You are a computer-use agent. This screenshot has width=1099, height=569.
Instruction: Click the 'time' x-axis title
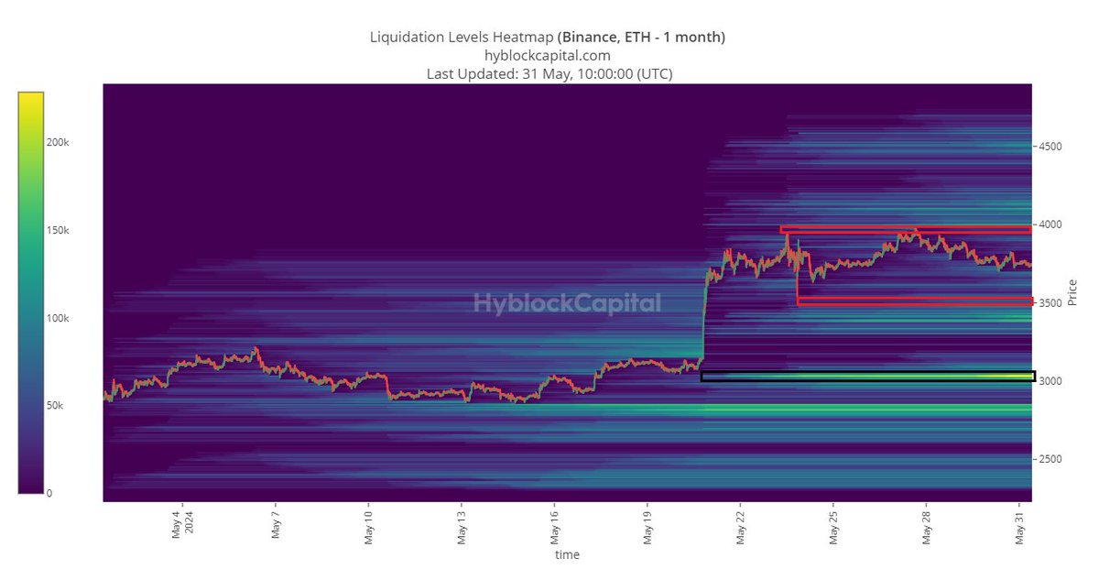coord(567,554)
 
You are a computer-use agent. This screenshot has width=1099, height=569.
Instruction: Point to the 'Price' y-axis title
coord(1072,291)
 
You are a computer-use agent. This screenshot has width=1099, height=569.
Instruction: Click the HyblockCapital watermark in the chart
coord(567,303)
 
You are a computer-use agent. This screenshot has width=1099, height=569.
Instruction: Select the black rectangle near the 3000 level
coord(867,376)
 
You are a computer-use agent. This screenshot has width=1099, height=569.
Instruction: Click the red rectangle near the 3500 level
coord(914,301)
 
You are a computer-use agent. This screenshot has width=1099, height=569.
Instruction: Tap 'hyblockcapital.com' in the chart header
coord(548,55)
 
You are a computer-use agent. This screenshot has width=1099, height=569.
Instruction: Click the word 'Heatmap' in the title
coord(522,37)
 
